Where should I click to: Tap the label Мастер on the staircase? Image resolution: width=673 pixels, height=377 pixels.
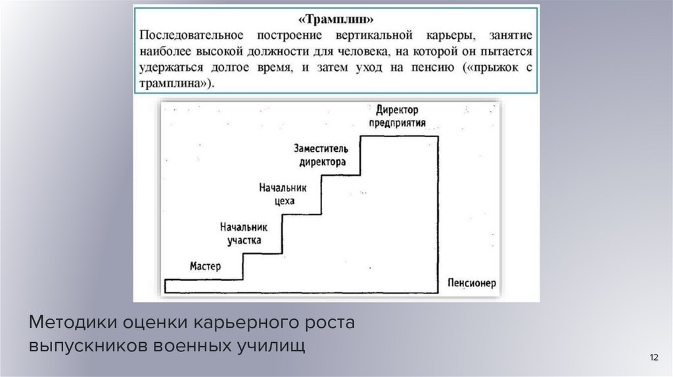coord(206,267)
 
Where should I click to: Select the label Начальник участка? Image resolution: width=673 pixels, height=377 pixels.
coord(244,233)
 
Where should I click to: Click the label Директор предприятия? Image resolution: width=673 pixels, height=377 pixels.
coord(402,116)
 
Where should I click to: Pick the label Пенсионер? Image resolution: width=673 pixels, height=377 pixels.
coord(470,284)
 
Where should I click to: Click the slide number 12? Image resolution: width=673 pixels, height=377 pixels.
coord(653,357)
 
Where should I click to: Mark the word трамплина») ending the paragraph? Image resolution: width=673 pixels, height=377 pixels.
coord(177,84)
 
